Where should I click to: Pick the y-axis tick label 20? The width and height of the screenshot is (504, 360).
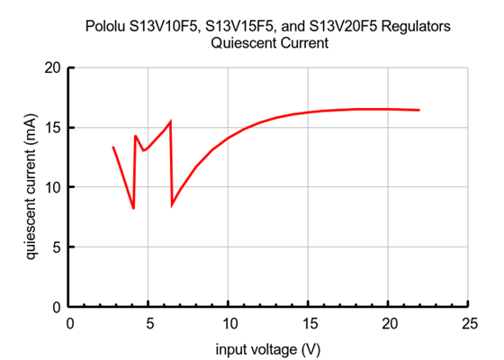pyautogui.click(x=53, y=68)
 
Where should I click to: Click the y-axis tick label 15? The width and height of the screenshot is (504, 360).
pyautogui.click(x=53, y=128)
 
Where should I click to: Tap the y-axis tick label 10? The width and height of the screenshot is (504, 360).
pyautogui.click(x=53, y=187)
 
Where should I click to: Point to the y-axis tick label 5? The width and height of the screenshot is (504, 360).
pyautogui.click(x=57, y=247)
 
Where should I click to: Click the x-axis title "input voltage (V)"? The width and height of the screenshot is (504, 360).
pyautogui.click(x=268, y=347)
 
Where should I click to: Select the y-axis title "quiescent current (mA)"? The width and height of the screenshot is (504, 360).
pyautogui.click(x=31, y=186)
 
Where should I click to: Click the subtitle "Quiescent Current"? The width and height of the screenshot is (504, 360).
pyautogui.click(x=268, y=43)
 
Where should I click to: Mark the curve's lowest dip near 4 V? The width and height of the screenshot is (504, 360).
pyautogui.click(x=133, y=209)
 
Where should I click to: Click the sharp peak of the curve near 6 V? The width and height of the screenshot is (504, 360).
pyautogui.click(x=170, y=121)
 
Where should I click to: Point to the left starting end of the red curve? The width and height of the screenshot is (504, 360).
pyautogui.click(x=113, y=147)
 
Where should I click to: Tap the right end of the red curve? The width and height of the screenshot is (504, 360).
pyautogui.click(x=418, y=110)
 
